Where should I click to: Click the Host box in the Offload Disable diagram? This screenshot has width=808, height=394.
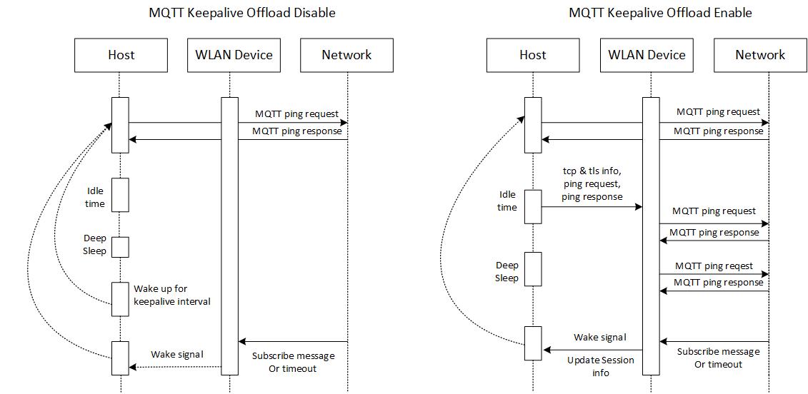point(121,55)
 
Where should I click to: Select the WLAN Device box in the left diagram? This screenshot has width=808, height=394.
point(234,55)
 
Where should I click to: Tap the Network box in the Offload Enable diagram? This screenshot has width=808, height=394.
point(760,55)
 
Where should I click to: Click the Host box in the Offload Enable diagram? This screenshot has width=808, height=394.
point(533,55)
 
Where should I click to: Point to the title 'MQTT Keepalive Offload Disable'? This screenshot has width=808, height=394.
point(241,13)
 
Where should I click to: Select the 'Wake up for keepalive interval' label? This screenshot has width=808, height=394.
point(171,295)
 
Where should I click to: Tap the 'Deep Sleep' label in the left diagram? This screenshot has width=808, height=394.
point(95,245)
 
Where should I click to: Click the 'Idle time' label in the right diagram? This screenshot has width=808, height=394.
point(507,201)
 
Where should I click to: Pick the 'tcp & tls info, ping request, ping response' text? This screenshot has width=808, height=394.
point(592,183)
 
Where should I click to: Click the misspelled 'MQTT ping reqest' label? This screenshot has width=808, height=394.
point(714,266)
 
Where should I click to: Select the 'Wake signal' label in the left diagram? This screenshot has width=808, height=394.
point(176,355)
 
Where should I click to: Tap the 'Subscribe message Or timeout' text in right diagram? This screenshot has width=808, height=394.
point(718,358)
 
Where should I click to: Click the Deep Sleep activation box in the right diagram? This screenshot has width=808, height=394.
point(533,268)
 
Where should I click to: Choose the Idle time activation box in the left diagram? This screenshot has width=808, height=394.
point(119,195)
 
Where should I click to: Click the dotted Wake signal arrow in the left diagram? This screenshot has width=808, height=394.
point(175,367)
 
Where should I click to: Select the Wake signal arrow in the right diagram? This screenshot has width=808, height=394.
point(593,350)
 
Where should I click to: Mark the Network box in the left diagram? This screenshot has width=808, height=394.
point(346,55)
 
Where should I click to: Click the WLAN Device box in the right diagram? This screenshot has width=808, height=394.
point(647,55)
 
